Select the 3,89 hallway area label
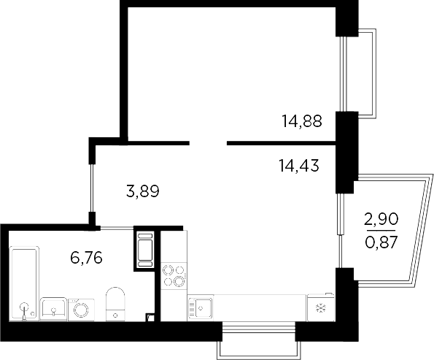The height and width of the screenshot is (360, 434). click(142, 193)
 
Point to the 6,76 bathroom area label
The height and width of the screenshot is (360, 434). click(85, 256)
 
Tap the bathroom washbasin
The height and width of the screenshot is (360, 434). click(53, 309)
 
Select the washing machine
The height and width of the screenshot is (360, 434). click(82, 309)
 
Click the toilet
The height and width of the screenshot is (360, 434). click(117, 303)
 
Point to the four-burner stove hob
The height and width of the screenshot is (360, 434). click(174, 275)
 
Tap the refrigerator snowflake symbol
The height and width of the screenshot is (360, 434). click(319, 308)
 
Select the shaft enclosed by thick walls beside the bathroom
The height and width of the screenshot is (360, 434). click(144, 249)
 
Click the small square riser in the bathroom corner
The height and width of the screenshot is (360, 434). click(150, 317)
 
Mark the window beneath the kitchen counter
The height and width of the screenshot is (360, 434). click(259, 333)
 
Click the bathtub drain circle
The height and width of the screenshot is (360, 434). click(25, 309)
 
